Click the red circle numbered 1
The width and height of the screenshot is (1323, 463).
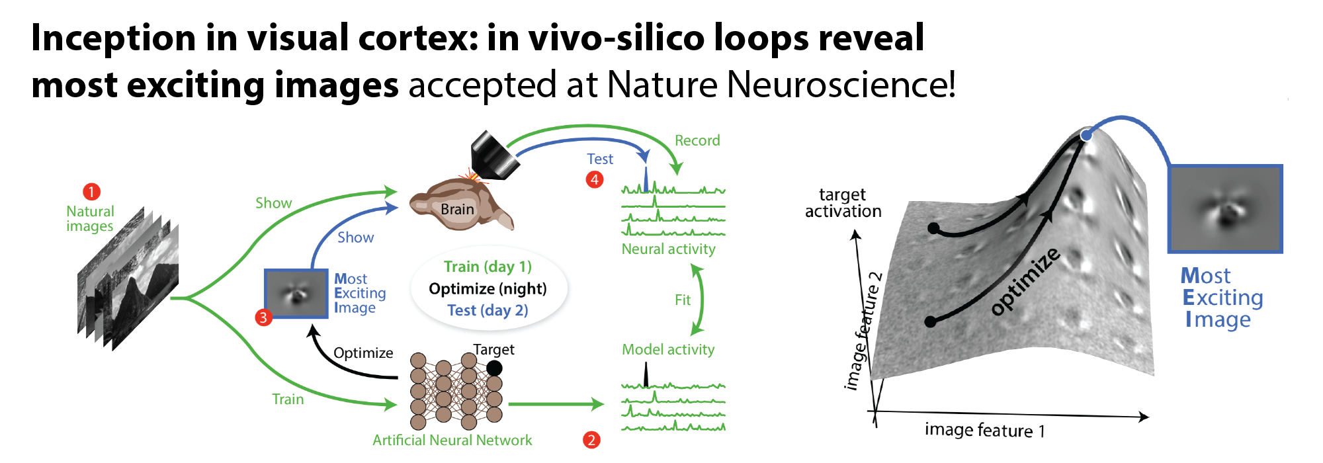tap(91, 192)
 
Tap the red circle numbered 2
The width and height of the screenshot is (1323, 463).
tap(591, 440)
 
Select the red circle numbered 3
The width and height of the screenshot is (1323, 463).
tap(263, 317)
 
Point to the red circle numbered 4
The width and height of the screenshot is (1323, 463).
tap(595, 179)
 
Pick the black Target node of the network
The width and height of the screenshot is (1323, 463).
tap(494, 368)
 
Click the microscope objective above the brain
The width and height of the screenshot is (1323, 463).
tap(493, 155)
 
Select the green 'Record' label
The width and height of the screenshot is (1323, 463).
tap(697, 140)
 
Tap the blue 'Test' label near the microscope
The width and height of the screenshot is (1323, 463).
tap(600, 159)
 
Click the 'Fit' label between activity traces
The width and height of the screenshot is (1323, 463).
tap(683, 300)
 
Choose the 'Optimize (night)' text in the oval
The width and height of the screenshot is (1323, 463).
tap(488, 288)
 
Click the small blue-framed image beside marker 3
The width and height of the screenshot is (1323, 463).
tap(296, 294)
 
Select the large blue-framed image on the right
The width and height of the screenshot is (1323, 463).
tap(1225, 209)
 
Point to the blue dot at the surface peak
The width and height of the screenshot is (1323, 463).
tap(1086, 135)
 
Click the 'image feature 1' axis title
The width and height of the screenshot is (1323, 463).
tap(984, 431)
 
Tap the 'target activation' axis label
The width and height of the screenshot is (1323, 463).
tap(843, 203)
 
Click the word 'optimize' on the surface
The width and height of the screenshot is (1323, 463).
tap(1025, 281)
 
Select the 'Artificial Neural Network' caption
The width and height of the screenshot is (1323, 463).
tap(452, 440)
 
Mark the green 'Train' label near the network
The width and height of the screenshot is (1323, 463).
tap(288, 399)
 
